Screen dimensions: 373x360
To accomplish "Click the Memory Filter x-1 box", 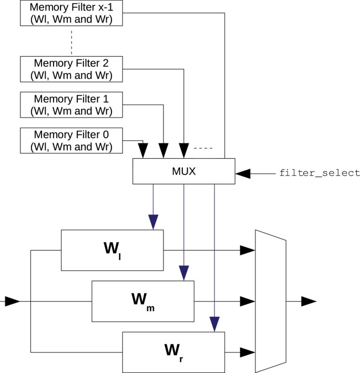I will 71,13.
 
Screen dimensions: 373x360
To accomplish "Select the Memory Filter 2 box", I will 71,69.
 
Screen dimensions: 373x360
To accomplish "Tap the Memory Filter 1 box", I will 71,105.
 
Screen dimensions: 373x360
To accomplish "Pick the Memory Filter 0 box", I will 71,140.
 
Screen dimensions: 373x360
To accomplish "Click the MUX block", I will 183,171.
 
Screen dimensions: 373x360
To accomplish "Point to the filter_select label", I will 320,173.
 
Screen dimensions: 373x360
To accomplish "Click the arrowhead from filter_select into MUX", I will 244,173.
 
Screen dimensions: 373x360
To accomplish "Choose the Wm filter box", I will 142,301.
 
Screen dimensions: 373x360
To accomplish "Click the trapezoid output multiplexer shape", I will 270,301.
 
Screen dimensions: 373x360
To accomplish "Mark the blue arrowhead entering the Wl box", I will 153,222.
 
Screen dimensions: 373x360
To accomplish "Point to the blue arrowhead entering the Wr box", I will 214,324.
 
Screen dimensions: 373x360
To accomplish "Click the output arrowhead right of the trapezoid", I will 308,301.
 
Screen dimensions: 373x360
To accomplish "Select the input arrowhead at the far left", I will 12,301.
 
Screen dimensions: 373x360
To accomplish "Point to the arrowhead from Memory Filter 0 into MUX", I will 142,150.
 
